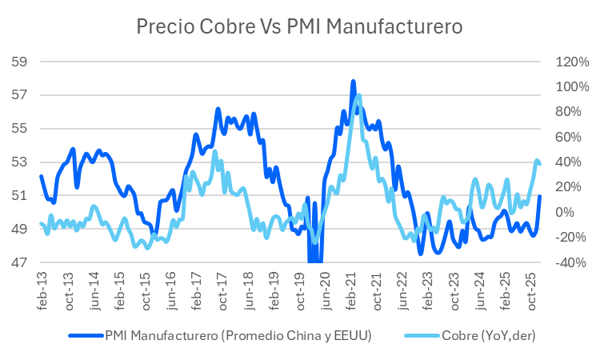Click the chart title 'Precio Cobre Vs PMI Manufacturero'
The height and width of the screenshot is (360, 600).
click(299, 27)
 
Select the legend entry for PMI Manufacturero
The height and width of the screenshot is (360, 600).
click(238, 335)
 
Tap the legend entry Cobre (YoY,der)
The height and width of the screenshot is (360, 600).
click(488, 335)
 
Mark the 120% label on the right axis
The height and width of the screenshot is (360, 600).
click(572, 62)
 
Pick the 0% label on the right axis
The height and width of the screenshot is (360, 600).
click(564, 212)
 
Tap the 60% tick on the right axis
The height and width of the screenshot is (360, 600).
click(568, 137)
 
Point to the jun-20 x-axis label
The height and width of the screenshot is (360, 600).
click(326, 291)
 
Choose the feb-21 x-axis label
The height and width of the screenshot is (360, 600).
click(351, 291)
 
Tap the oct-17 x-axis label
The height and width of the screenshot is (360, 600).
click(223, 291)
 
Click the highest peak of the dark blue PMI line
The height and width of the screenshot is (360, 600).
click(353, 81)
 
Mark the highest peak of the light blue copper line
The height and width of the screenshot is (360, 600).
click(359, 95)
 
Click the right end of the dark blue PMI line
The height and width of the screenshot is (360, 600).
click(540, 196)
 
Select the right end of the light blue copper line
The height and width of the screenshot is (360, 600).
click(540, 164)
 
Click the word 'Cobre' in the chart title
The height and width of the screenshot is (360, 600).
click(227, 27)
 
